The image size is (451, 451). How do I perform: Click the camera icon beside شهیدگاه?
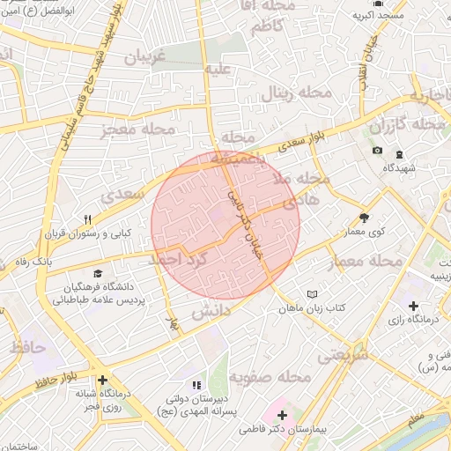378,151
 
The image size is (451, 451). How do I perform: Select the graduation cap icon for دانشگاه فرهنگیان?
98,274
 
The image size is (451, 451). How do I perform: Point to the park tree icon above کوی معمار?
365,217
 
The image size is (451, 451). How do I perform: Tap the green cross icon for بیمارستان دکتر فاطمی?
282,414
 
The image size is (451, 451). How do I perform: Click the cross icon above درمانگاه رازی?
414,305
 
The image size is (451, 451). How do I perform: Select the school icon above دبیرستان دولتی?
196,385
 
